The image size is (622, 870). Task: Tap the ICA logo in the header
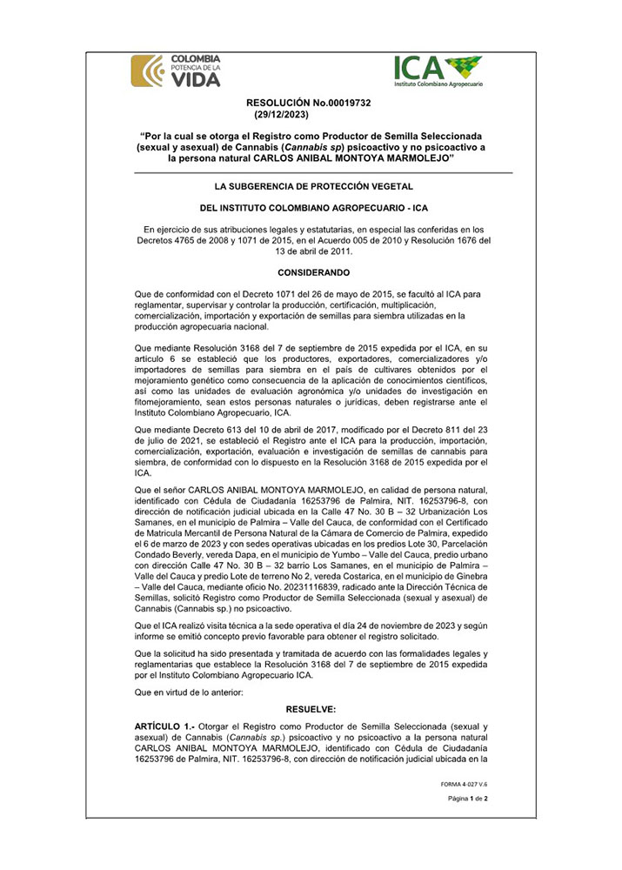(438, 71)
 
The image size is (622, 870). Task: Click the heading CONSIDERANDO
(314, 272)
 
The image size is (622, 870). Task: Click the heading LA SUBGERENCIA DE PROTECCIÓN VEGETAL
(314, 186)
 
